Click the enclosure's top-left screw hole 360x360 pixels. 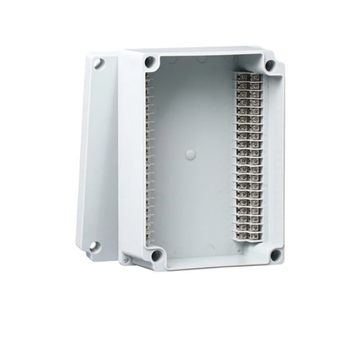[x=150, y=62]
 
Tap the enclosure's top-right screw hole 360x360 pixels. [x=270, y=65]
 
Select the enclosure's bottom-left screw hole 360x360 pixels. [x=156, y=255]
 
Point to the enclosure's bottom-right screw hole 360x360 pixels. [x=275, y=254]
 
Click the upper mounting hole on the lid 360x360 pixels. [x=98, y=63]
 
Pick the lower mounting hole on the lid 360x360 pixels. [x=93, y=246]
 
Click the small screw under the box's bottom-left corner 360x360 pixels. [x=126, y=259]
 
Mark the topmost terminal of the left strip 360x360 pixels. [x=149, y=82]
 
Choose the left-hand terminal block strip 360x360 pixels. [x=149, y=156]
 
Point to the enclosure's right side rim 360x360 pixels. [x=279, y=156]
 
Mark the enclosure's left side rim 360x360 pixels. [x=131, y=156]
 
